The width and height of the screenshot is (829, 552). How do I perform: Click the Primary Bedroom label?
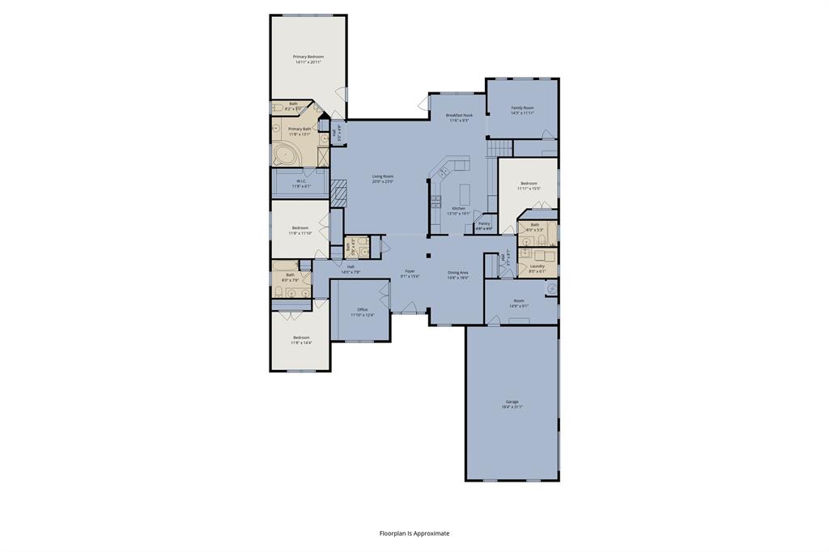point(308,57)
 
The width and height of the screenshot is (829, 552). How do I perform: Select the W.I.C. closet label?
point(301,181)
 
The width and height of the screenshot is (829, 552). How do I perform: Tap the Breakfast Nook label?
point(459,116)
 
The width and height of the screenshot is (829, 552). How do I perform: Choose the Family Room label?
point(522,108)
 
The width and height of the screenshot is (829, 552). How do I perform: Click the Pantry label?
point(484,223)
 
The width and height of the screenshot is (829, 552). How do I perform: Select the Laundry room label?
point(537,266)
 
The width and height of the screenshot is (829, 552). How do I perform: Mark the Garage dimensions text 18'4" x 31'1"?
point(512,406)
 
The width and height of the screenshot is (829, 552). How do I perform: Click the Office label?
point(360,309)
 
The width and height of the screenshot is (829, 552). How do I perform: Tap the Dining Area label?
point(458,273)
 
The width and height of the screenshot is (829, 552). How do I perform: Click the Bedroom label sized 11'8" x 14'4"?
point(301,338)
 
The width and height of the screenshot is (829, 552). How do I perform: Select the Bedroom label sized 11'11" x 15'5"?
point(528,184)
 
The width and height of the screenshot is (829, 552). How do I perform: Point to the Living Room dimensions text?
point(383,181)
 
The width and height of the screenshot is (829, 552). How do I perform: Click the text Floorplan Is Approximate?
point(414,533)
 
